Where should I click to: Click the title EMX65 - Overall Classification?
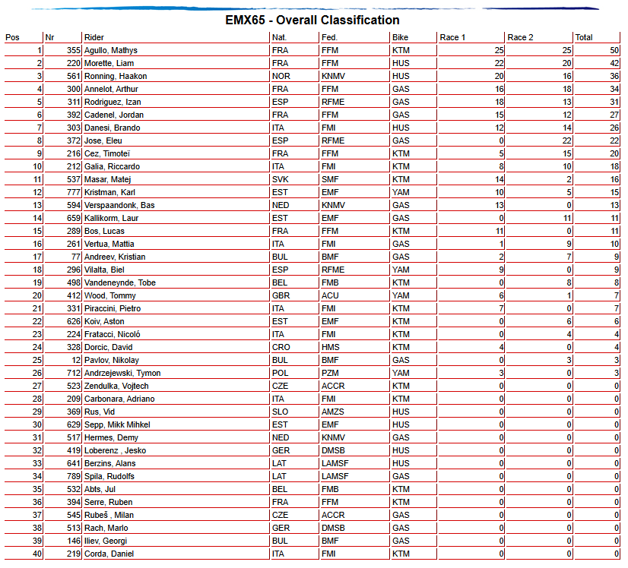[312, 21]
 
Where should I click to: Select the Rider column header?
[94, 37]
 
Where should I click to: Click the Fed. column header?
[329, 37]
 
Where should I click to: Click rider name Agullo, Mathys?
[111, 50]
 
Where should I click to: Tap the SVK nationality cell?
[279, 179]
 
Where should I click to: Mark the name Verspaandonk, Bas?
[119, 205]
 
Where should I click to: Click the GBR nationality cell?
[280, 295]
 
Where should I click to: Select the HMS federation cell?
[331, 347]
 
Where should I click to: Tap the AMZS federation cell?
[333, 412]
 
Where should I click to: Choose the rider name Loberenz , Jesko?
[115, 450]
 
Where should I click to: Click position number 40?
[36, 554]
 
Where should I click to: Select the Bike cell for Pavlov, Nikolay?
[401, 360]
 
